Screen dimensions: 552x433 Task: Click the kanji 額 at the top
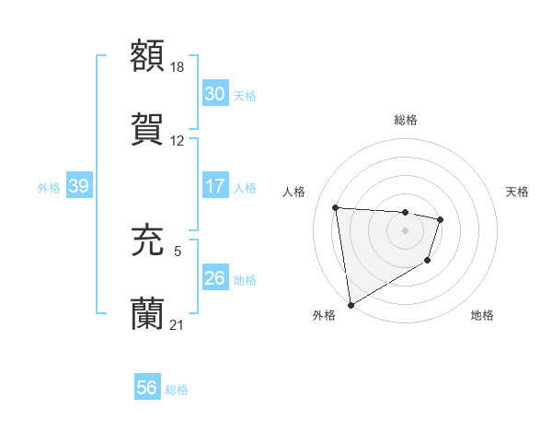click(x=148, y=55)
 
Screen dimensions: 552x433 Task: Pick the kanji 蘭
click(x=148, y=312)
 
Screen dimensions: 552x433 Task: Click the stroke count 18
click(x=178, y=66)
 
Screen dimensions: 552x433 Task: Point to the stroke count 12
click(x=178, y=141)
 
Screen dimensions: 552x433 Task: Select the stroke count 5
click(x=178, y=249)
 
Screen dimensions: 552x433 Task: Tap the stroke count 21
click(x=178, y=323)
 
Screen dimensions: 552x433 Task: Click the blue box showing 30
click(x=214, y=94)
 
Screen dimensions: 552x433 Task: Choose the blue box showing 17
click(x=214, y=186)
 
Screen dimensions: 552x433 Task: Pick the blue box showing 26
click(x=214, y=277)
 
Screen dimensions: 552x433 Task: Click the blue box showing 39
click(x=78, y=186)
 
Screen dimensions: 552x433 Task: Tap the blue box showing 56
click(x=146, y=388)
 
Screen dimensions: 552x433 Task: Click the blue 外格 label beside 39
click(x=49, y=187)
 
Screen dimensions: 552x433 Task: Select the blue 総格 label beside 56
click(x=177, y=389)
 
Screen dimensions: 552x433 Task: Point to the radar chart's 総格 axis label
click(x=405, y=120)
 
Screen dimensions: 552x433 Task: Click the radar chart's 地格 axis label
click(x=482, y=315)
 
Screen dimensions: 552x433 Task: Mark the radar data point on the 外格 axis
click(x=351, y=304)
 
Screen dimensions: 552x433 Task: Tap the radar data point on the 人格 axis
click(x=336, y=207)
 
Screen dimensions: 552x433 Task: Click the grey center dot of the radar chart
click(x=405, y=230)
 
